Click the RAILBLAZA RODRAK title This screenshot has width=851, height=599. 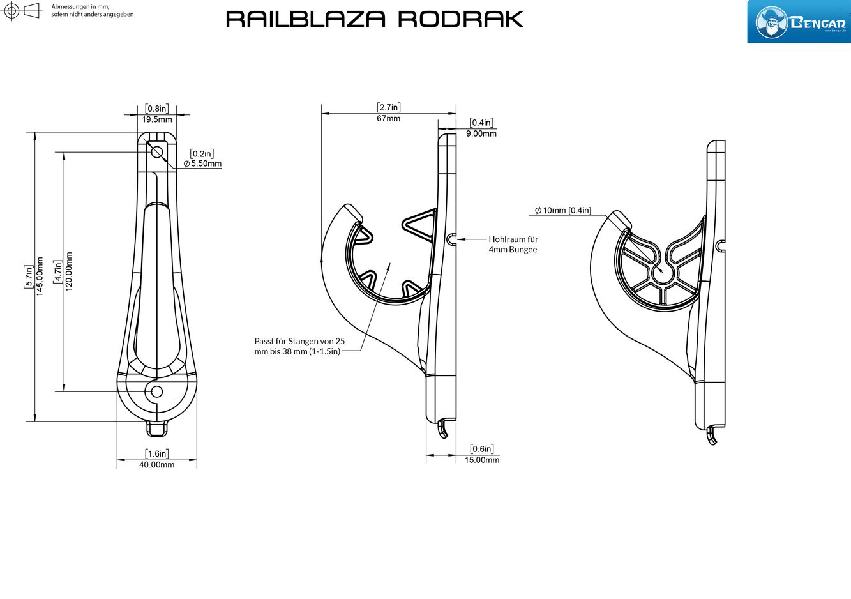pyautogui.click(x=375, y=19)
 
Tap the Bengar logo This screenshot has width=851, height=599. pyautogui.click(x=799, y=22)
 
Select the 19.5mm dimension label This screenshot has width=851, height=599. pyautogui.click(x=157, y=119)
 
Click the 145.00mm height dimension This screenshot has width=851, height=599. pyautogui.click(x=40, y=276)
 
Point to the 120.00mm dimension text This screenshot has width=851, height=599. pyautogui.click(x=69, y=271)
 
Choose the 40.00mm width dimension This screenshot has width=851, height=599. pyautogui.click(x=157, y=465)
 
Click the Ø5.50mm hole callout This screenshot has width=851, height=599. pyautogui.click(x=203, y=163)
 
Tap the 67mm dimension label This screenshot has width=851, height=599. pyautogui.click(x=388, y=118)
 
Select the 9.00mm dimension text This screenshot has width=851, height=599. pyautogui.click(x=481, y=133)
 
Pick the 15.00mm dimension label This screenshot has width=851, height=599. pyautogui.click(x=482, y=460)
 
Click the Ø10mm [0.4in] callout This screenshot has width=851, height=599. pyautogui.click(x=563, y=210)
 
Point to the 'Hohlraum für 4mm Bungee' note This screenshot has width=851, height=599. pyautogui.click(x=513, y=245)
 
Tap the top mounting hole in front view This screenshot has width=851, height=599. pyautogui.click(x=157, y=151)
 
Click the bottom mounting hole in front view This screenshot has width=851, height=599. pyautogui.click(x=156, y=391)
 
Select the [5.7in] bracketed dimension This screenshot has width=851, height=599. pyautogui.click(x=28, y=276)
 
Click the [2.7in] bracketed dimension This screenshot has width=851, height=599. pyautogui.click(x=388, y=107)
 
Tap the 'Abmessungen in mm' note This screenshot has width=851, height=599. pyautogui.click(x=93, y=10)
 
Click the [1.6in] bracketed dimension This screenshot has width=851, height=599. pyautogui.click(x=157, y=453)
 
